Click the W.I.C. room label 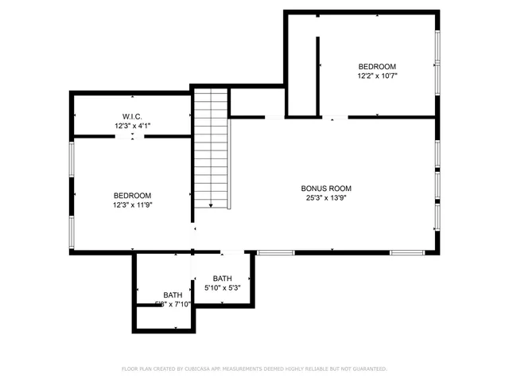coord(132,116)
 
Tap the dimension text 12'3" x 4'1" coord(132,125)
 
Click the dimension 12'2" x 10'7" coord(377,76)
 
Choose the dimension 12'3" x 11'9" coord(132,205)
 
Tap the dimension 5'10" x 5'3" coord(222,287)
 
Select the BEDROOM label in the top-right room coord(377,67)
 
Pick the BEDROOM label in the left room coord(132,196)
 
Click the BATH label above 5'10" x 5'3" coord(222,279)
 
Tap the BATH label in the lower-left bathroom coord(173,295)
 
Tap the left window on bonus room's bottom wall coord(276,253)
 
